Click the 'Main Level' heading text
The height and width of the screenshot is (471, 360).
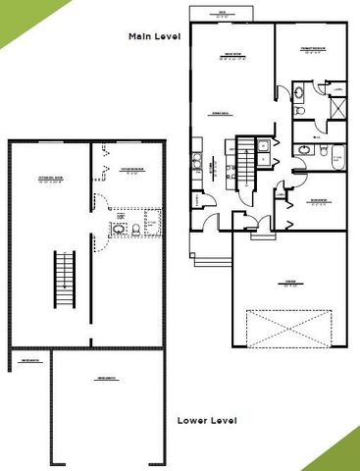[x=155, y=36]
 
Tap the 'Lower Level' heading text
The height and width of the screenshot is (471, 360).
[x=207, y=420]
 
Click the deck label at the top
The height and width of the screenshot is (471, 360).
[x=223, y=13]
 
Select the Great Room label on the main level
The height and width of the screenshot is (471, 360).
[x=231, y=56]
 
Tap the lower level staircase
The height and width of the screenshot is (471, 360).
[x=66, y=279]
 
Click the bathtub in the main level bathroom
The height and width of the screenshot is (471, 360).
[x=336, y=154]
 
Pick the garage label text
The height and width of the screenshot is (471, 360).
[x=289, y=287]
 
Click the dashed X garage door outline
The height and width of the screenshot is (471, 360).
[x=289, y=324]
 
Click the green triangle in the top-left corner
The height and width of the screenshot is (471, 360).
[x=15, y=15]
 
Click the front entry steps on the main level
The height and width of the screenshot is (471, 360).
[x=206, y=258]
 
